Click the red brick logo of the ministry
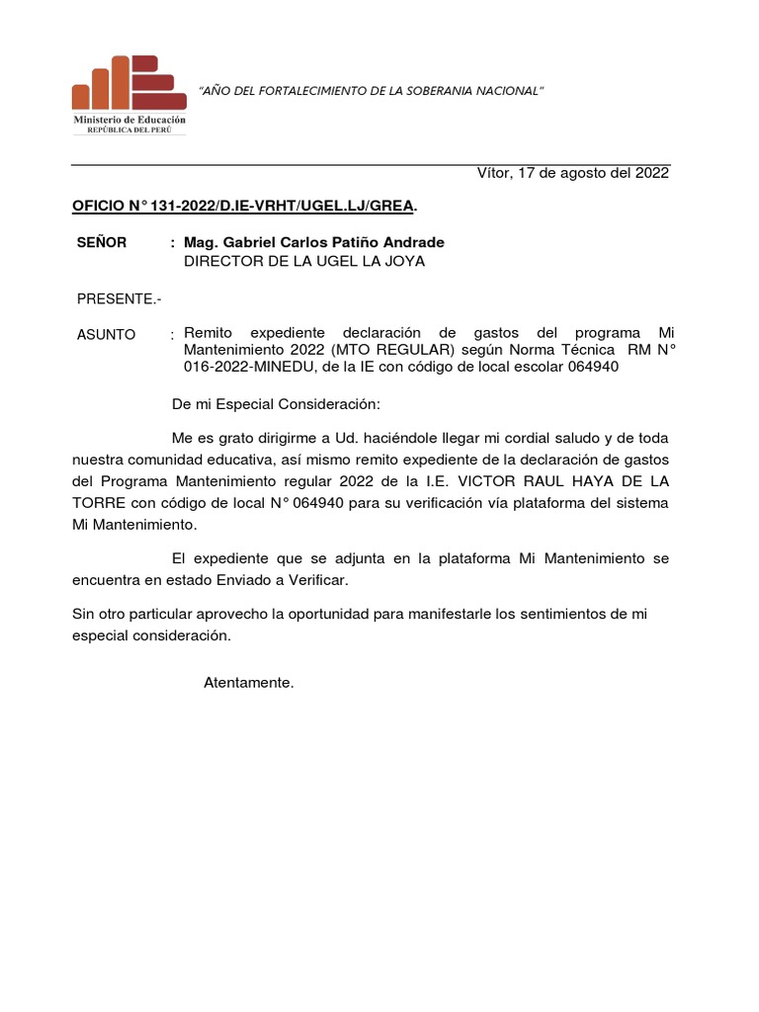pos(128,83)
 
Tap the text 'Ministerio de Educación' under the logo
pos(128,120)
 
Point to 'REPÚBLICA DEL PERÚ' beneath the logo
pos(128,129)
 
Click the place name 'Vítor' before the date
pos(496,173)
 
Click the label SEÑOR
pos(102,242)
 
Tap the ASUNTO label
pos(107,334)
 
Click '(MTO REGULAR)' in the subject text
pos(393,349)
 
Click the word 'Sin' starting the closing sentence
pos(85,614)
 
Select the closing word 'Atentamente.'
pos(249,682)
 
